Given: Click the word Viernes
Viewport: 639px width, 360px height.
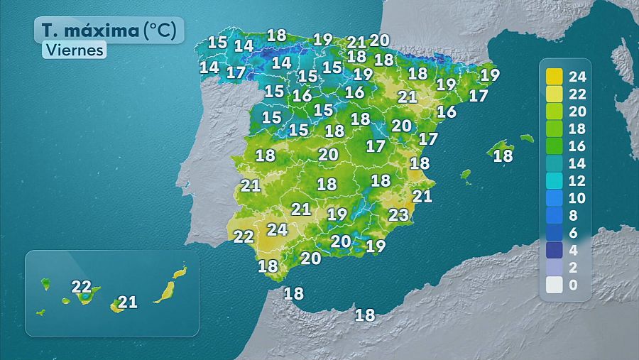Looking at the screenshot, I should click(x=74, y=50).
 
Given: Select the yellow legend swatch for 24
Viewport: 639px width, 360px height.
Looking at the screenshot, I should click(x=555, y=76).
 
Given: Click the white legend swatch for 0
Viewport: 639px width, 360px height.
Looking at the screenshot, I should click(x=555, y=285).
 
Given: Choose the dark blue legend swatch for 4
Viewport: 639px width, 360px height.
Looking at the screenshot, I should click(x=555, y=250).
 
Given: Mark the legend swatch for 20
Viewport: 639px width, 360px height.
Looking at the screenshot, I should click(x=555, y=111).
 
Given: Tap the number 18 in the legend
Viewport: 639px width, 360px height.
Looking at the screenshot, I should click(x=577, y=129).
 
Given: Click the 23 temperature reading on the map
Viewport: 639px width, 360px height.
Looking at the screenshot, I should click(x=399, y=214).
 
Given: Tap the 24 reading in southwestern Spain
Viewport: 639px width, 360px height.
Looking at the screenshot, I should click(x=277, y=229).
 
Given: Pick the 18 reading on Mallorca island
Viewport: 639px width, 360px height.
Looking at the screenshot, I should click(x=503, y=156).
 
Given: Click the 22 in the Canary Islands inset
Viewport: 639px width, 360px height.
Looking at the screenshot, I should click(x=82, y=287).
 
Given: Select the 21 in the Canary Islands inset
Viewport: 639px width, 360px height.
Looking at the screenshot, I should click(x=127, y=302).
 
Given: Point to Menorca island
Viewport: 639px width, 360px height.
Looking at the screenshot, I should click(x=526, y=138).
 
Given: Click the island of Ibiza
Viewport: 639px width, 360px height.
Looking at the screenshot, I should click(x=466, y=173).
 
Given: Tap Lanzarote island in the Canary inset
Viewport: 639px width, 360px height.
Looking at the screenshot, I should click(x=180, y=272).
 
